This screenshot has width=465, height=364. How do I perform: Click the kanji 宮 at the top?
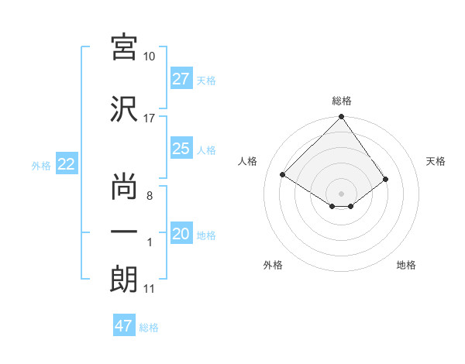124,47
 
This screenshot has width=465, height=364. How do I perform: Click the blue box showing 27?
181,79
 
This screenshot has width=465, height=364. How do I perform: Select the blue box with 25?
181,149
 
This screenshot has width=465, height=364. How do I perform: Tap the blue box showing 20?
181,234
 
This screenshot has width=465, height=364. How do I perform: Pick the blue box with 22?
66,164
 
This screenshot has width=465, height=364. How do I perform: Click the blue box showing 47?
124,326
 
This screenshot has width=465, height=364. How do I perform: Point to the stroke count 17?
150,118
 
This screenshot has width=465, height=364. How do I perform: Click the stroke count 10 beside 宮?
150,57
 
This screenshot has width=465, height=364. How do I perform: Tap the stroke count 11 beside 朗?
150,289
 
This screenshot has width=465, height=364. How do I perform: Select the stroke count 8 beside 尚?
150,195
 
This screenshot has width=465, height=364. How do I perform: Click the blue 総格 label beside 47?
150,328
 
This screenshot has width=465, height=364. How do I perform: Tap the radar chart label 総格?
342,101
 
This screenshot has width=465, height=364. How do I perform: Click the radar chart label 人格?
248,161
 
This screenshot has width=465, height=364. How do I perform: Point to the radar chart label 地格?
406,265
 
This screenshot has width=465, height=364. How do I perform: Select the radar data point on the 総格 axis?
341,118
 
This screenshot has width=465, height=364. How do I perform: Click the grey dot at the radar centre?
341,192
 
